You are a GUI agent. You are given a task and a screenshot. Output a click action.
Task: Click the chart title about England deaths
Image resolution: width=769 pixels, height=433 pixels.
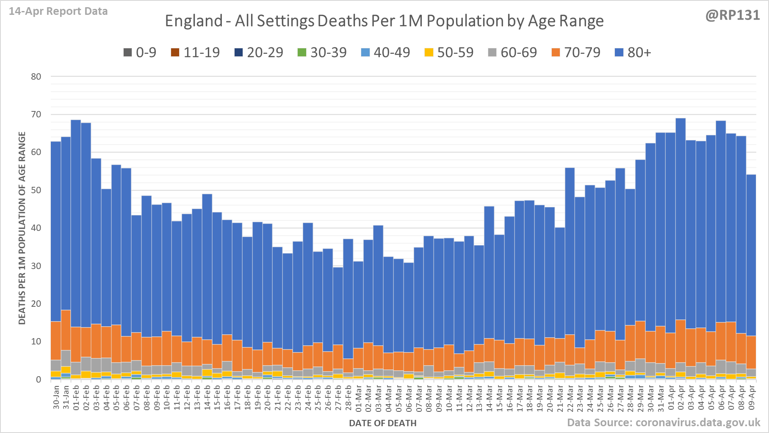tap(384, 21)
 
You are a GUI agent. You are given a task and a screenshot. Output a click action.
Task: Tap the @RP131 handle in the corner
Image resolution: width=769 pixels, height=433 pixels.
tap(733, 15)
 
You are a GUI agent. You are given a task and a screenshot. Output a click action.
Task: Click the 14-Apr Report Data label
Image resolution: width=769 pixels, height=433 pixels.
tap(58, 11)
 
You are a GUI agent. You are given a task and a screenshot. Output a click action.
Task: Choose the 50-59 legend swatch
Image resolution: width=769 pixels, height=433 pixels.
tap(429, 53)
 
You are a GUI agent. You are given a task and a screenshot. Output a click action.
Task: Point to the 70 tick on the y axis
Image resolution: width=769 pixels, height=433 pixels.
tap(36, 114)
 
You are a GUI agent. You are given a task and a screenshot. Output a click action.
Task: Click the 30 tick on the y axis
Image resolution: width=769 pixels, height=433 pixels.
tap(36, 266)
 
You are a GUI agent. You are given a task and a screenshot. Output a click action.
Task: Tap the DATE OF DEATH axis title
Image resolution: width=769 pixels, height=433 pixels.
tap(382, 423)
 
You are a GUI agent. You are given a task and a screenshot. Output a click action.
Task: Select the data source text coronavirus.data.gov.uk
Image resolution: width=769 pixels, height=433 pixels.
tap(664, 422)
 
